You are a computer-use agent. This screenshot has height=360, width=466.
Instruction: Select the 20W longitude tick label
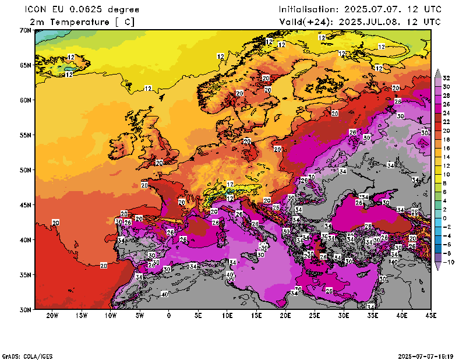pyautogui.click(x=52, y=316)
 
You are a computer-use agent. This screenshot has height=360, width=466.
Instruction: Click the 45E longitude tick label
pyautogui.click(x=431, y=316)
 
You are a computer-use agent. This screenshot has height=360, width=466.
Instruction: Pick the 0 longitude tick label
pyautogui.click(x=169, y=316)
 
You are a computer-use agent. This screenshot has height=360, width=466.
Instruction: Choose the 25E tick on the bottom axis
pyautogui.click(x=315, y=316)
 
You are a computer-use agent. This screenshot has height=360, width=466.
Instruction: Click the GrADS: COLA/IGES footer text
pyautogui.click(x=23, y=355)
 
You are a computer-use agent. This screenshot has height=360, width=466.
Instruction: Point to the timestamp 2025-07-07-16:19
pyautogui.click(x=430, y=355)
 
